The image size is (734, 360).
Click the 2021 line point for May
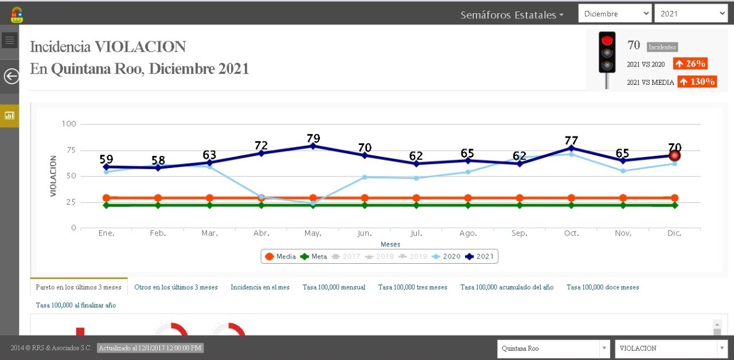click(x=313, y=146)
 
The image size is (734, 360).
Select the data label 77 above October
click(x=571, y=140)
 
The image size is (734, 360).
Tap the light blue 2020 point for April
click(x=261, y=197)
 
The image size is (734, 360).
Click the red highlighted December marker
click(x=674, y=155)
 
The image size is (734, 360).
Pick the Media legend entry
click(x=280, y=256)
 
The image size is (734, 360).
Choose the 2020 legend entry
click(x=447, y=256)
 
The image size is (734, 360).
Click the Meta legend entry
click(x=314, y=256)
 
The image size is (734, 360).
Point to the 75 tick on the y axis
click(x=69, y=150)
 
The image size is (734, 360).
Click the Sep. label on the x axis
click(x=519, y=233)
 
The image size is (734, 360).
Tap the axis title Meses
click(x=391, y=244)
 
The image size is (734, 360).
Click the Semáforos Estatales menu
click(x=512, y=15)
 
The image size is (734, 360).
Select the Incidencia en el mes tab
click(x=260, y=287)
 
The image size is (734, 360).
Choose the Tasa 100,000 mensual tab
click(x=334, y=287)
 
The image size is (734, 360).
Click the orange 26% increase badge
click(x=690, y=64)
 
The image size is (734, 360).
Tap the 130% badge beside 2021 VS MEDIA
click(x=697, y=81)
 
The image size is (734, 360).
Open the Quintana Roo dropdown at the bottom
click(x=553, y=348)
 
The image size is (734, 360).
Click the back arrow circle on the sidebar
click(x=11, y=76)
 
